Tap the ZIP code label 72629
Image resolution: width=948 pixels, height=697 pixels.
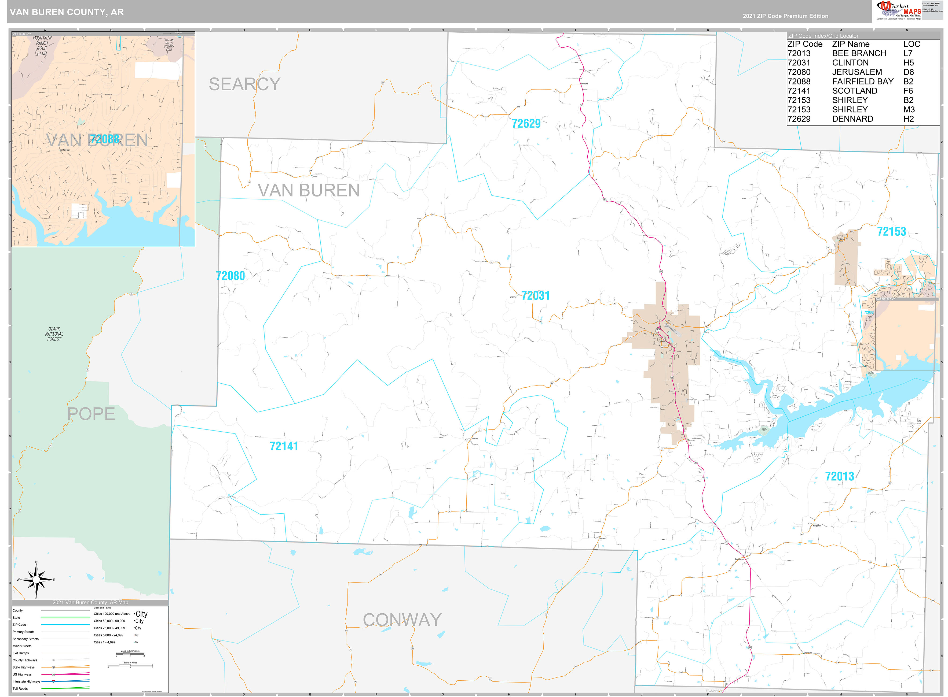(526, 124)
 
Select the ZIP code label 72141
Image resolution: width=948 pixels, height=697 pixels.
(284, 446)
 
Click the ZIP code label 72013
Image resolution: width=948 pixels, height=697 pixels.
(840, 476)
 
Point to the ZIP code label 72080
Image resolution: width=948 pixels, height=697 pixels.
(230, 276)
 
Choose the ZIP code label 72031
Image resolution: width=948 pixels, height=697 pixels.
(535, 296)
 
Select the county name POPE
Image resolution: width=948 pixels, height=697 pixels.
(91, 414)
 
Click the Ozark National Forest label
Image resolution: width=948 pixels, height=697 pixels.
(54, 334)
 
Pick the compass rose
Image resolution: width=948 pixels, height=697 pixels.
(36, 580)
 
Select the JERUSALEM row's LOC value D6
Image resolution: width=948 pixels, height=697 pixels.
(908, 72)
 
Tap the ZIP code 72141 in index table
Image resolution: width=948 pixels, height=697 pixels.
(799, 91)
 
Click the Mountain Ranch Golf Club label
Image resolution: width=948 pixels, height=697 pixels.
(42, 46)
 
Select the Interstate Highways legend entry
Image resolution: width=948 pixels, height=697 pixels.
(26, 681)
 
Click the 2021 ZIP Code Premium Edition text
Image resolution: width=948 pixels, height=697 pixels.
(785, 16)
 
